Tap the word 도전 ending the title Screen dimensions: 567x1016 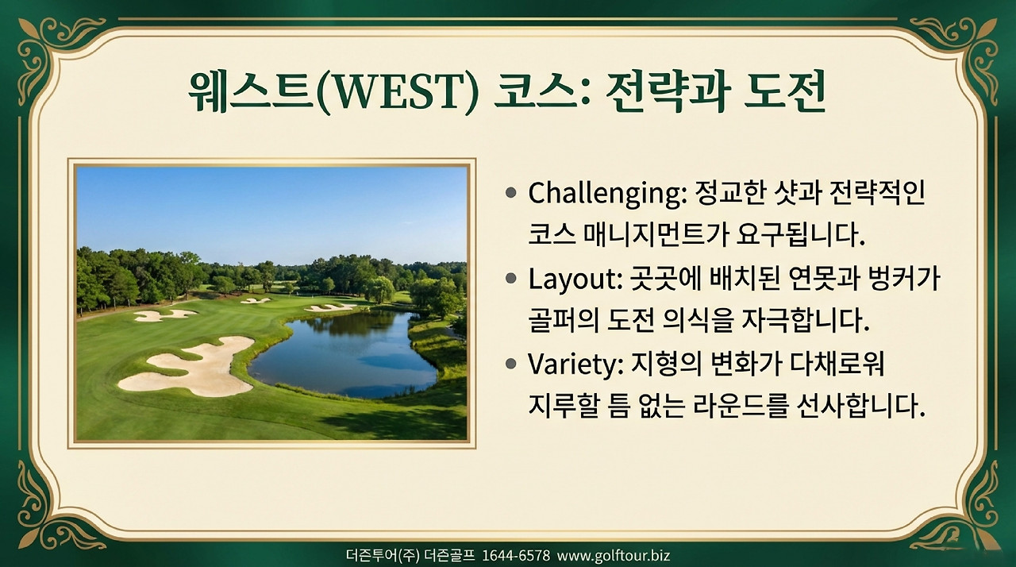coord(786,93)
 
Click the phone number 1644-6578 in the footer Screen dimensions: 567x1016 coord(516,555)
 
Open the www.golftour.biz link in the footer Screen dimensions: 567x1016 coord(613,555)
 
